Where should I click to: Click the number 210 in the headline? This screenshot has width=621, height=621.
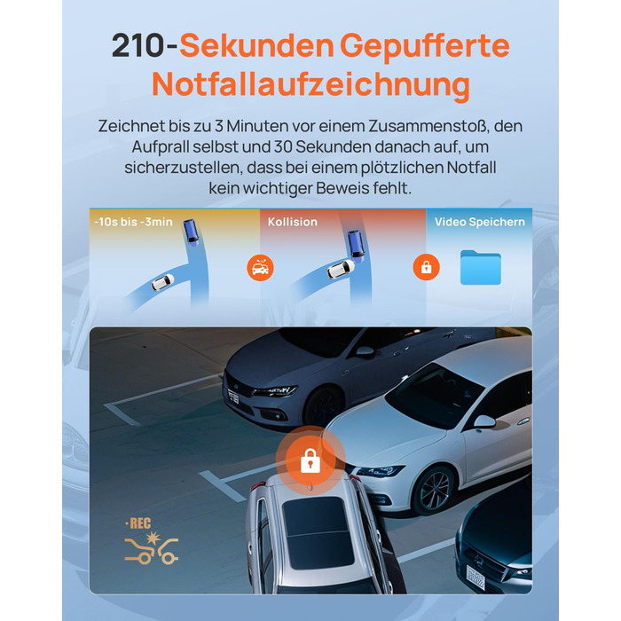tap(138, 46)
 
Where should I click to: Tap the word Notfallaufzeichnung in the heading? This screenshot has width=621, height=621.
tap(310, 84)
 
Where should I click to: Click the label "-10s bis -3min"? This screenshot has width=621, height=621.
tap(133, 222)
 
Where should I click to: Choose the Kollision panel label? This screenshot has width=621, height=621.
tap(293, 222)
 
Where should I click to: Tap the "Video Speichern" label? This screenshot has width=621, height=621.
tap(480, 222)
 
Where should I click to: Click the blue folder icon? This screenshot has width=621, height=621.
tap(481, 267)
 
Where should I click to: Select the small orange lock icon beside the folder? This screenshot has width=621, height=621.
tap(426, 267)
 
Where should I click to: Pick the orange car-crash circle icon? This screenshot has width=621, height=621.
tap(260, 268)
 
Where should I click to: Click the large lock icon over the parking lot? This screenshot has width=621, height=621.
tap(310, 461)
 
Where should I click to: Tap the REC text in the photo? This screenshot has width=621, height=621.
tap(138, 523)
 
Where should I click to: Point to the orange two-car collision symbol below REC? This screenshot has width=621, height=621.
tap(152, 548)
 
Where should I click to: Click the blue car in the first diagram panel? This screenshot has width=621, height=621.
tap(192, 232)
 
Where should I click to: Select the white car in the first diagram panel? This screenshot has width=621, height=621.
tap(162, 282)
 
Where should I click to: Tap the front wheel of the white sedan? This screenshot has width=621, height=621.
tap(433, 491)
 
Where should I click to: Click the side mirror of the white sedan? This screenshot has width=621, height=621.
tap(484, 421)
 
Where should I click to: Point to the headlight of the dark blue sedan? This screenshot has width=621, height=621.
tap(274, 391)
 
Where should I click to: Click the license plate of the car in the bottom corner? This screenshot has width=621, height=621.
tap(476, 577)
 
